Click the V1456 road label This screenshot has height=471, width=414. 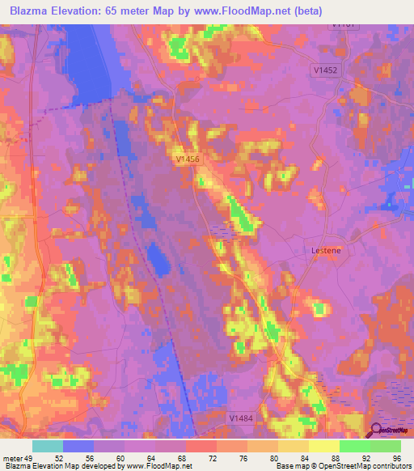tap(187, 160)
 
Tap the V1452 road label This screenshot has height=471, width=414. tap(326, 70)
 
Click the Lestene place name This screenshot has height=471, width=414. tap(326, 251)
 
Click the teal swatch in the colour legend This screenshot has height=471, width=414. tap(48, 446)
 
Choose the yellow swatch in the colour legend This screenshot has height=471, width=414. tap(324, 446)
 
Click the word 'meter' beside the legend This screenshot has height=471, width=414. tap(14, 458)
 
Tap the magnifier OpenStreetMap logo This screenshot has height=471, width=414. tap(377, 430)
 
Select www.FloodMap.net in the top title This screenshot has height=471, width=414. tap(247, 11)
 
